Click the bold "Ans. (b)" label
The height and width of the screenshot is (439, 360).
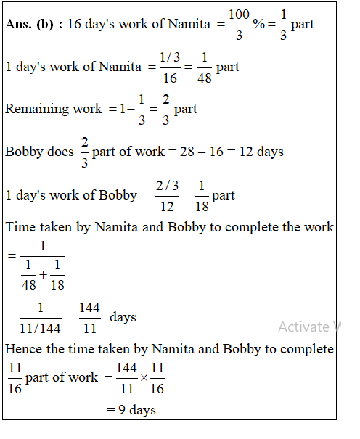[33, 24]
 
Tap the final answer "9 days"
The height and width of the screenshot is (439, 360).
[131, 410]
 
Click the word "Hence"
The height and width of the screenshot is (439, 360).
[22, 349]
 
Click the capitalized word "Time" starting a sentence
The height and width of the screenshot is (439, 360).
[20, 227]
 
